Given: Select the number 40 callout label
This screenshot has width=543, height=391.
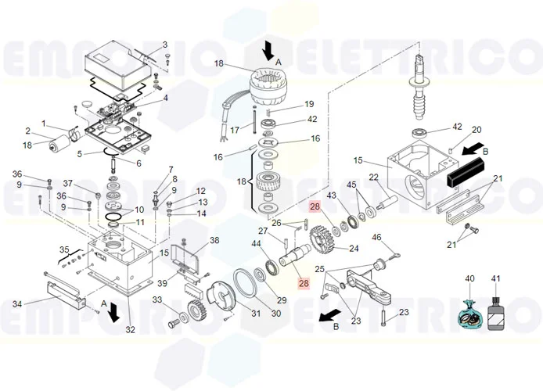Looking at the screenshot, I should (x=470, y=278).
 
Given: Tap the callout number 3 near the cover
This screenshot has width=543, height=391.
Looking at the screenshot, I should (x=165, y=45).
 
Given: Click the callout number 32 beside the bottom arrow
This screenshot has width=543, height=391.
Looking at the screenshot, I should (x=131, y=330).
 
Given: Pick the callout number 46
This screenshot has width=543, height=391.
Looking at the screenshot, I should (x=376, y=237).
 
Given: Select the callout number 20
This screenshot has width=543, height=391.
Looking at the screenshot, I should (x=476, y=130).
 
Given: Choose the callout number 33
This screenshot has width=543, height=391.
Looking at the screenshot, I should (x=156, y=300).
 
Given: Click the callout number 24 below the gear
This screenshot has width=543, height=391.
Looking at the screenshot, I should (x=354, y=249).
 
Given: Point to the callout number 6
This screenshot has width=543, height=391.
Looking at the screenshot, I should (x=138, y=163).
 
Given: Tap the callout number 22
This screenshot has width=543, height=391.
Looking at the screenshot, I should (x=375, y=177).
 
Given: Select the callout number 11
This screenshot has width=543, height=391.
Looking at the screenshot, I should (x=140, y=223).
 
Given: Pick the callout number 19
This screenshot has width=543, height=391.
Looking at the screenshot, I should (x=309, y=104).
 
